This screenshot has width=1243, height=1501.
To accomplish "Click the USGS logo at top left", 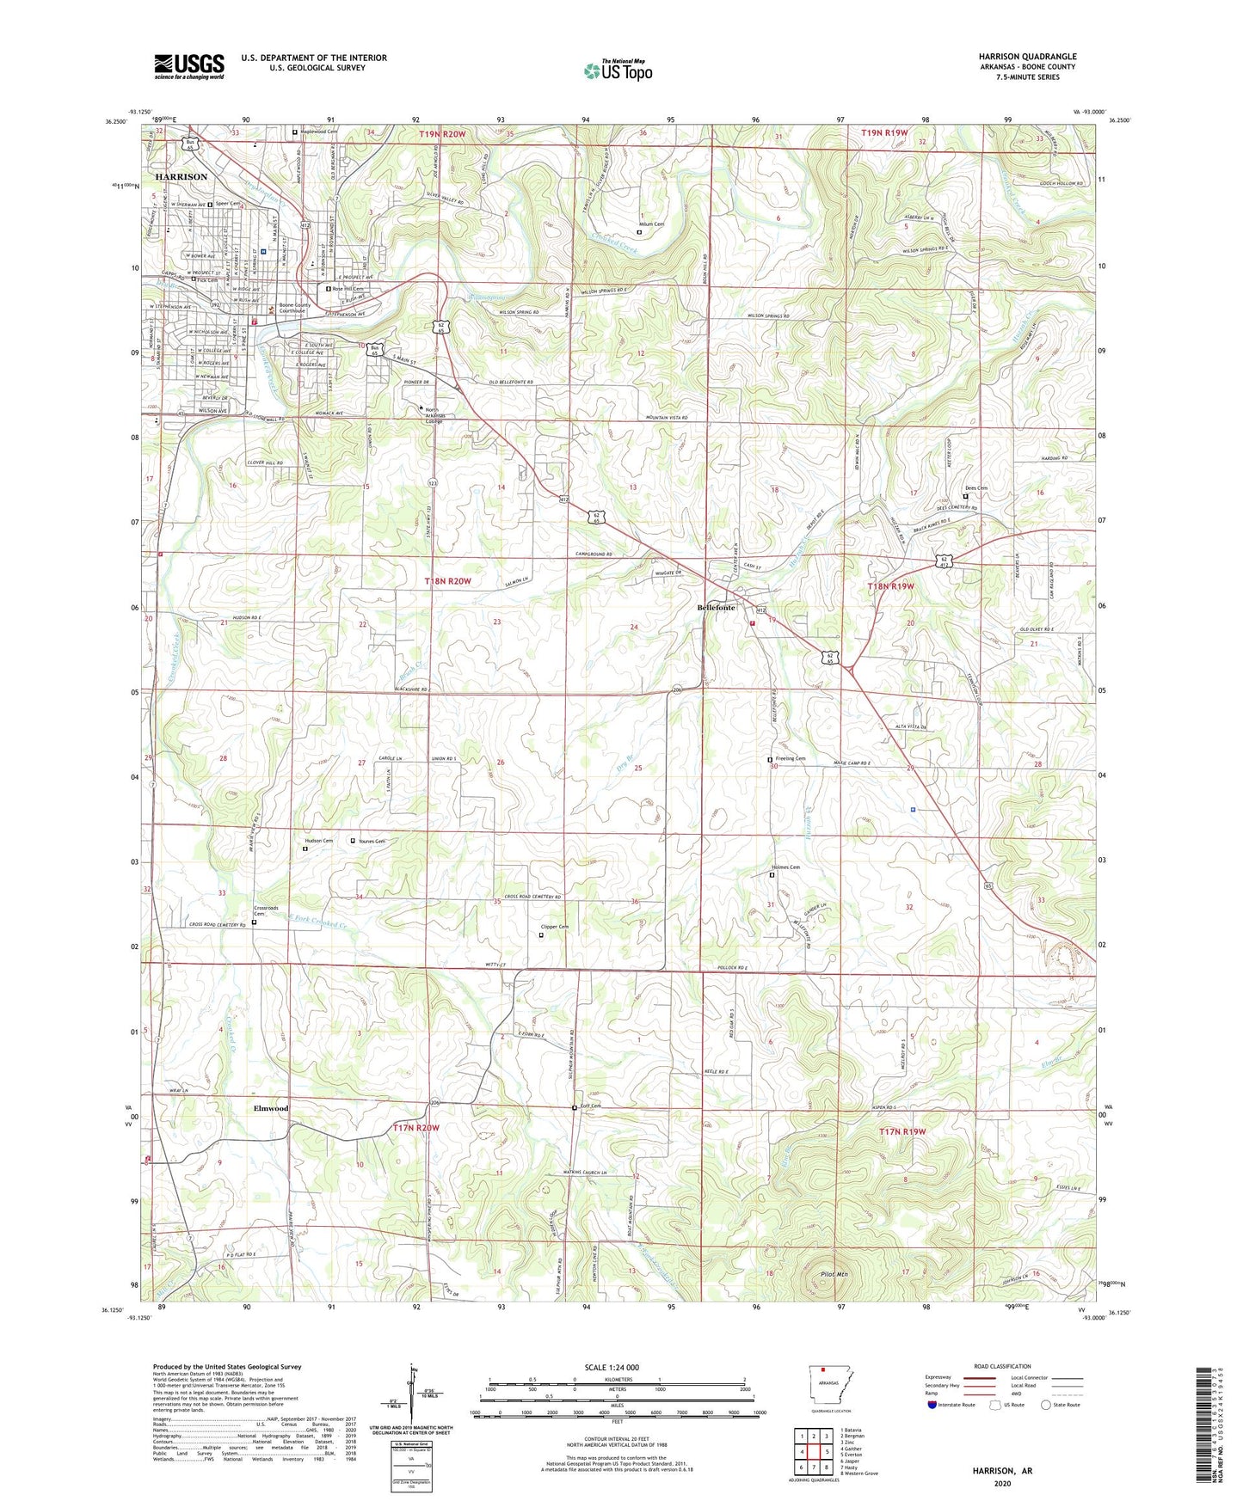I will [189, 66].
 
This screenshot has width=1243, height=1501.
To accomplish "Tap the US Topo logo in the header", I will [618, 70].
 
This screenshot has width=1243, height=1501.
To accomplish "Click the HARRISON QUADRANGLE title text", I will [1027, 57].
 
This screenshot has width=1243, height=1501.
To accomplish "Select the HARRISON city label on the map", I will [182, 176].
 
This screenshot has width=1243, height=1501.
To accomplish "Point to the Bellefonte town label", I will [716, 607].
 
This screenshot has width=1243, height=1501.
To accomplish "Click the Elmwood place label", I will [271, 1108].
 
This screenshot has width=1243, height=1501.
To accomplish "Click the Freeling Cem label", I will [790, 759].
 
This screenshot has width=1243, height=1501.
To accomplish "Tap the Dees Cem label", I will [976, 488].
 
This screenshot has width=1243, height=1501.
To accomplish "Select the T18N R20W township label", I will [448, 582].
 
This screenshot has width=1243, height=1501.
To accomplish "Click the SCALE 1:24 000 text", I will [612, 1368].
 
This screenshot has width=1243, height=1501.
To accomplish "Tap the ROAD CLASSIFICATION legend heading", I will [1002, 1366].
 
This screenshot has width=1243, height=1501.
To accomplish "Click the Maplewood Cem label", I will [317, 132].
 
